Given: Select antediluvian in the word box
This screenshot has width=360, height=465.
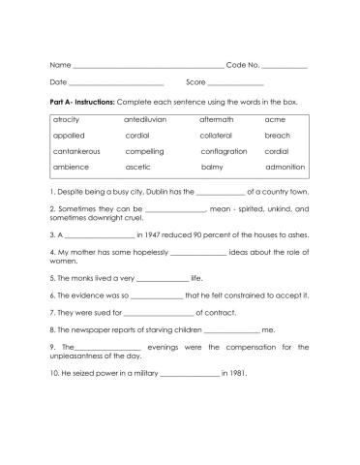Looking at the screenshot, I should pyautogui.click(x=146, y=119).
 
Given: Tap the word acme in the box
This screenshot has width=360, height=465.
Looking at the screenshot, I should pyautogui.click(x=274, y=119).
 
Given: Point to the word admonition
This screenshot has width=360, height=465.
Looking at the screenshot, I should pyautogui.click(x=284, y=167).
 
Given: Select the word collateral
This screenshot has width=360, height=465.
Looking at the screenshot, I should pyautogui.click(x=217, y=136).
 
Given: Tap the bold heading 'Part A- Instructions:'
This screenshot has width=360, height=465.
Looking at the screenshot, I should pyautogui.click(x=82, y=101).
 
